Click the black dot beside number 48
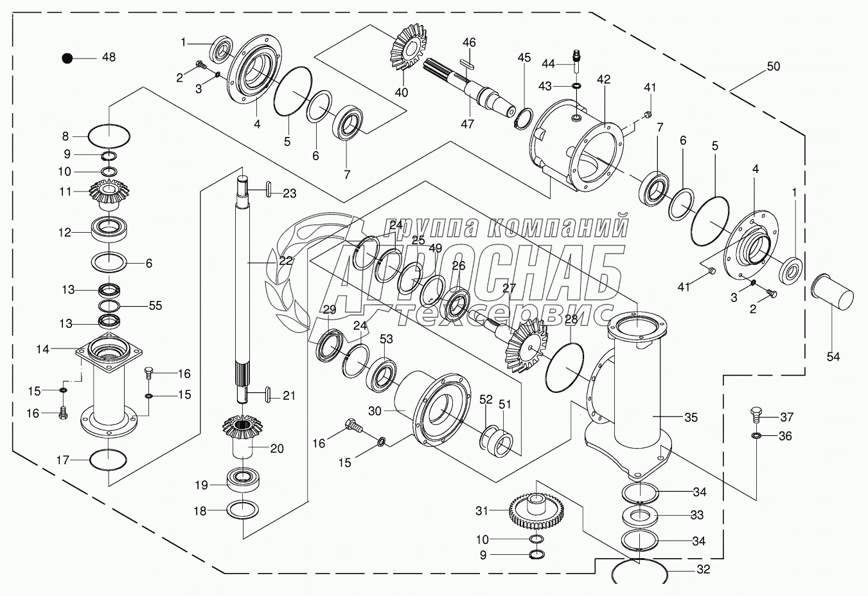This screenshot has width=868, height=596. (x=67, y=59)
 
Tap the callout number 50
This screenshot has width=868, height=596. (x=774, y=66)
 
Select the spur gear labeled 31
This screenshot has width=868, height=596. (x=536, y=512)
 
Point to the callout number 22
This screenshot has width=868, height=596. (x=286, y=261)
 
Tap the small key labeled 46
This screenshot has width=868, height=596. (x=468, y=64)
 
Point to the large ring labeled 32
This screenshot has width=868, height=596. (x=640, y=572)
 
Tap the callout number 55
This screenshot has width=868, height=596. (x=155, y=305)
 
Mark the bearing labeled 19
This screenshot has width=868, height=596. (x=243, y=481)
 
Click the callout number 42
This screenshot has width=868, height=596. (x=604, y=79)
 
